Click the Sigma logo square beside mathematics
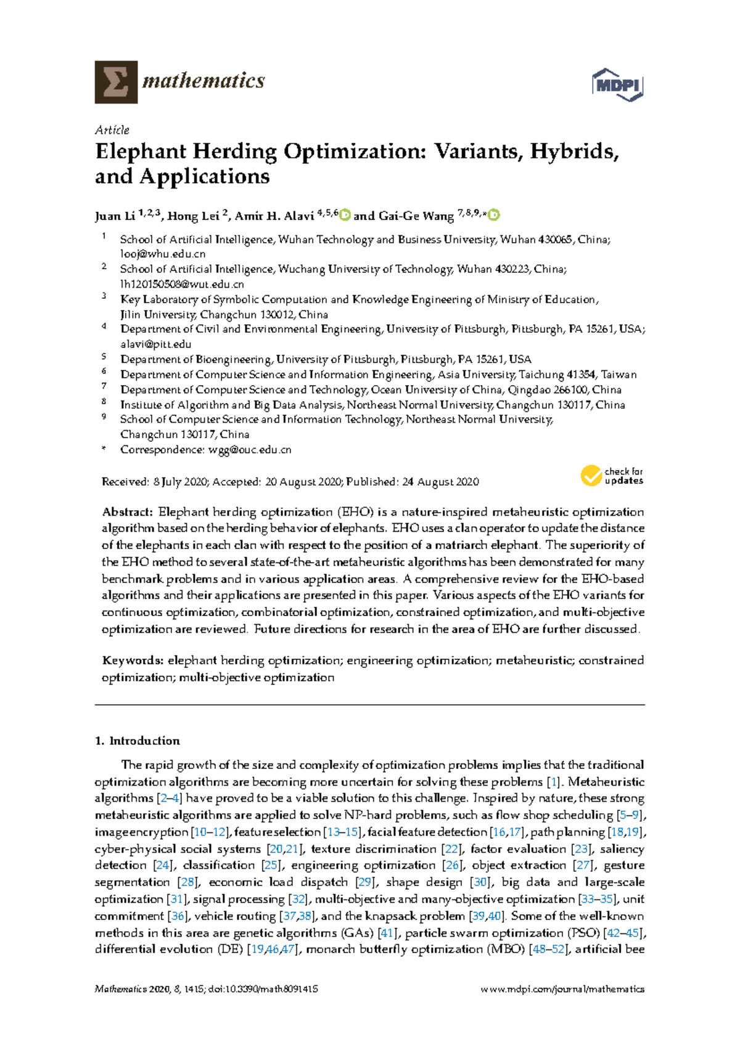pyautogui.click(x=116, y=82)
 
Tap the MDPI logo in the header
pyautogui.click(x=617, y=84)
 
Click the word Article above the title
pyautogui.click(x=112, y=130)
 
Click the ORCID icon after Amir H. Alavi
pyautogui.click(x=345, y=215)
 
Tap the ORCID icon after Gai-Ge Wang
pyautogui.click(x=494, y=215)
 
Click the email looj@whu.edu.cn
pyautogui.click(x=163, y=254)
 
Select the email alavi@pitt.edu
pyautogui.click(x=155, y=344)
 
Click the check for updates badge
pyautogui.click(x=611, y=476)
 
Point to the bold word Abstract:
pyautogui.click(x=127, y=512)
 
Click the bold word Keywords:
pyautogui.click(x=133, y=661)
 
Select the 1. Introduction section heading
pyautogui.click(x=138, y=741)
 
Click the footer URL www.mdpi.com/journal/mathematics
pyautogui.click(x=562, y=990)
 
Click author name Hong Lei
pyautogui.click(x=193, y=216)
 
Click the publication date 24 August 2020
pyautogui.click(x=440, y=482)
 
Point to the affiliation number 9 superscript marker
pyautogui.click(x=104, y=417)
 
